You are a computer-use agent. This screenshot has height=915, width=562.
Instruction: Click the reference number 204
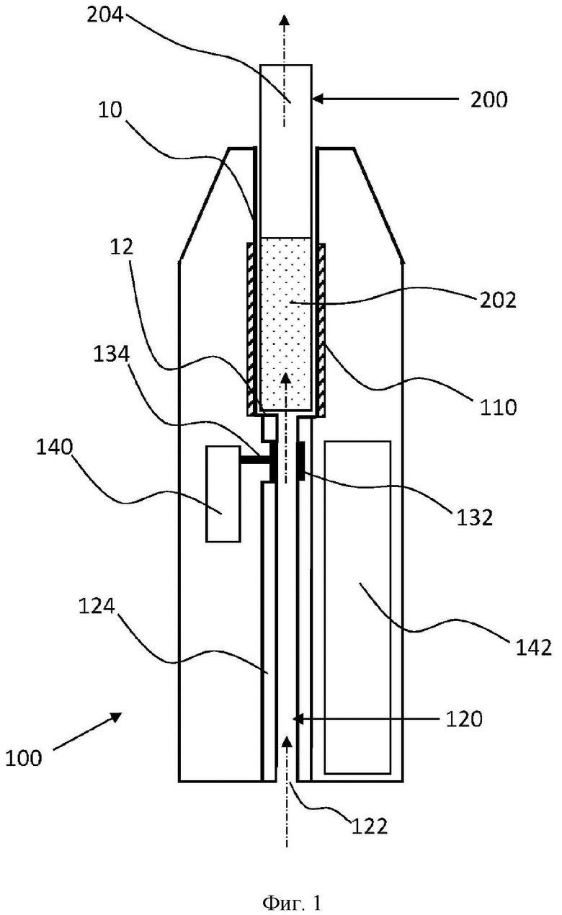pos(105,15)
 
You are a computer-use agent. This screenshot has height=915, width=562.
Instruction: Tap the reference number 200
pos(489,99)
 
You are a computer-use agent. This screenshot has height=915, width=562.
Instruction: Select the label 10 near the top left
pos(110,110)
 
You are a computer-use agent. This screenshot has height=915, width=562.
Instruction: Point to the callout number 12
pos(122,248)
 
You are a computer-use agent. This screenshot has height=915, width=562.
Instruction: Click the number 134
pos(112,354)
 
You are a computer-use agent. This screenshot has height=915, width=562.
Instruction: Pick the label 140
pos(55,447)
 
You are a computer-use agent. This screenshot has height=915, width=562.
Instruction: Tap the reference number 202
pos(498,300)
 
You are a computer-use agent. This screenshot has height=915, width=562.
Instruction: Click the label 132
pos(475,517)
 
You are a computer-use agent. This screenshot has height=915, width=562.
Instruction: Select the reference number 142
pos(534,648)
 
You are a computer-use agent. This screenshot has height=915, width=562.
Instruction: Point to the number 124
pos(97,607)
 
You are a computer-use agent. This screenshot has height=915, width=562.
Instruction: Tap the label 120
pos(464,718)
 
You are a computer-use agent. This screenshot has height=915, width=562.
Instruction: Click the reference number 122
pos(370,827)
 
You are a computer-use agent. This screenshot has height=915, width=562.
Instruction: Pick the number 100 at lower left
pos(24,758)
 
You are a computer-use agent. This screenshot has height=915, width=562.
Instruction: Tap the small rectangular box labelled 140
pos(223,494)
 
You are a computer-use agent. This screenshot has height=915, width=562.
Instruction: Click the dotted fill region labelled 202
pos(286,323)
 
